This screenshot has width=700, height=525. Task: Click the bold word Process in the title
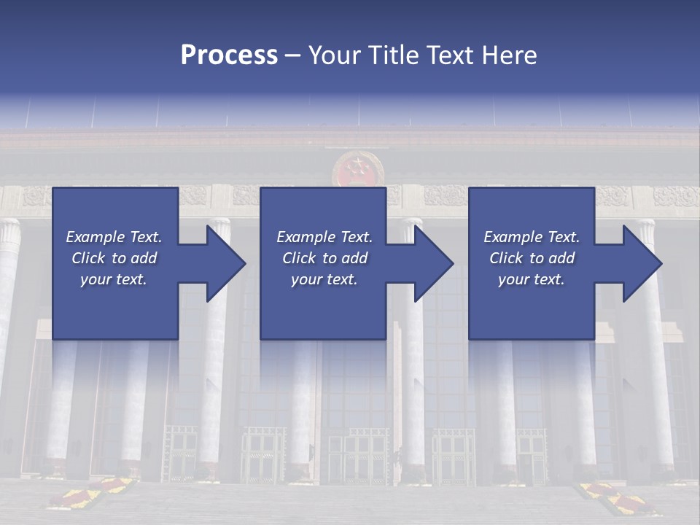point(229,55)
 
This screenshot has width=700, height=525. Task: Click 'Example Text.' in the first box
point(114,237)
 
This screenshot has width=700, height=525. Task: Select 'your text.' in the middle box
point(324,279)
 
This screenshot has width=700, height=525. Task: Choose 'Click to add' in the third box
point(532,258)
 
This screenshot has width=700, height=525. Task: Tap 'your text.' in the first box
point(114,279)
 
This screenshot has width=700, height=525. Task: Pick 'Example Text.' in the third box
point(532,237)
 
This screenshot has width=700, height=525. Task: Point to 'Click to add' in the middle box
point(324,258)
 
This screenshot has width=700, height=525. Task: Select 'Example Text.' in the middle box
point(324,237)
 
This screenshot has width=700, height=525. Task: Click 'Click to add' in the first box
point(114,258)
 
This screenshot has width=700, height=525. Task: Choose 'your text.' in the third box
point(532,279)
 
